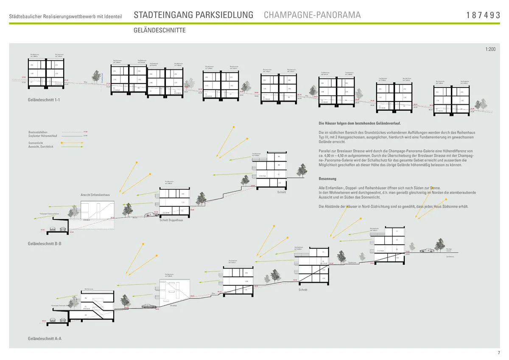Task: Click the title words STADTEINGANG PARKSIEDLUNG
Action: [193, 15]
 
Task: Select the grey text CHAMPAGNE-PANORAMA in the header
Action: [312, 15]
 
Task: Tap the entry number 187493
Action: [484, 15]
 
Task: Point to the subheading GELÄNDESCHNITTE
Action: [159, 31]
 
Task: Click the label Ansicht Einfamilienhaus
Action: [95, 195]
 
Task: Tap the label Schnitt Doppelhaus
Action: [171, 220]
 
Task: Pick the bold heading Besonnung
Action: [327, 179]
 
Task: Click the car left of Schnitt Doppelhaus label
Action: [150, 215]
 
